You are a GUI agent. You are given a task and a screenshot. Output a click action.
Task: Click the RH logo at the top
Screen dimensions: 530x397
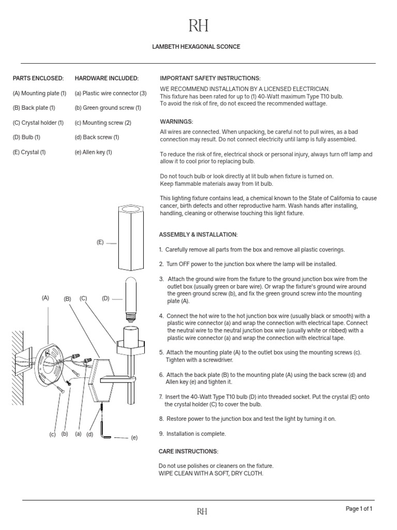pyautogui.click(x=198, y=26)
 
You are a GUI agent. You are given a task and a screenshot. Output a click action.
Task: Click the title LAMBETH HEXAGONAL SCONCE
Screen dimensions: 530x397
pyautogui.click(x=196, y=47)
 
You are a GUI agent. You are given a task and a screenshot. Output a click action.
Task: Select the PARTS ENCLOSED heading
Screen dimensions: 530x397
pyautogui.click(x=38, y=78)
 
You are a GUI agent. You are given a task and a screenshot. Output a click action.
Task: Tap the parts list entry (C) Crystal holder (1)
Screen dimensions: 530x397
pyautogui.click(x=38, y=123)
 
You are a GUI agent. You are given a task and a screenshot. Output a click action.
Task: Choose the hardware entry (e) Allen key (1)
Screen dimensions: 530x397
pyautogui.click(x=94, y=152)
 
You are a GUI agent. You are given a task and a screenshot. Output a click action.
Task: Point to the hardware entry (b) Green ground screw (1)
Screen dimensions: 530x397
pyautogui.click(x=108, y=108)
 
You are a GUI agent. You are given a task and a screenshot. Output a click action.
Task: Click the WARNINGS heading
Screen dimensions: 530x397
pyautogui.click(x=176, y=121)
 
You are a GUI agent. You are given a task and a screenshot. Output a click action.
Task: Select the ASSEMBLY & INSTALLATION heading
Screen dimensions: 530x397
pyautogui.click(x=198, y=234)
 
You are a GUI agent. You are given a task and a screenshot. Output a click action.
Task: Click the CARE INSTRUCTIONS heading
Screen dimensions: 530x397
pyautogui.click(x=188, y=451)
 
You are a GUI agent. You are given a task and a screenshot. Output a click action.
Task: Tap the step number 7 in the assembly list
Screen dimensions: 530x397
pyautogui.click(x=161, y=396)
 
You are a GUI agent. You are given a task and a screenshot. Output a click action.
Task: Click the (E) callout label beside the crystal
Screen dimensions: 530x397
pyautogui.click(x=100, y=242)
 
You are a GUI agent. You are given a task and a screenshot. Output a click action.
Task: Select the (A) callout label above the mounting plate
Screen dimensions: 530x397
pyautogui.click(x=45, y=298)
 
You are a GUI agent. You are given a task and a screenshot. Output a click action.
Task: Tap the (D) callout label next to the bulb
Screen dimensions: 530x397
pyautogui.click(x=105, y=298)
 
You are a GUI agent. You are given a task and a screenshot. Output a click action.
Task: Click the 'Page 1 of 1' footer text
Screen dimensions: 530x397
pyautogui.click(x=359, y=509)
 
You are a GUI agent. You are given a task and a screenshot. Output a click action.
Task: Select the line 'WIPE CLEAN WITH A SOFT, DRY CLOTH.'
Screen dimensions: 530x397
pyautogui.click(x=207, y=473)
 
